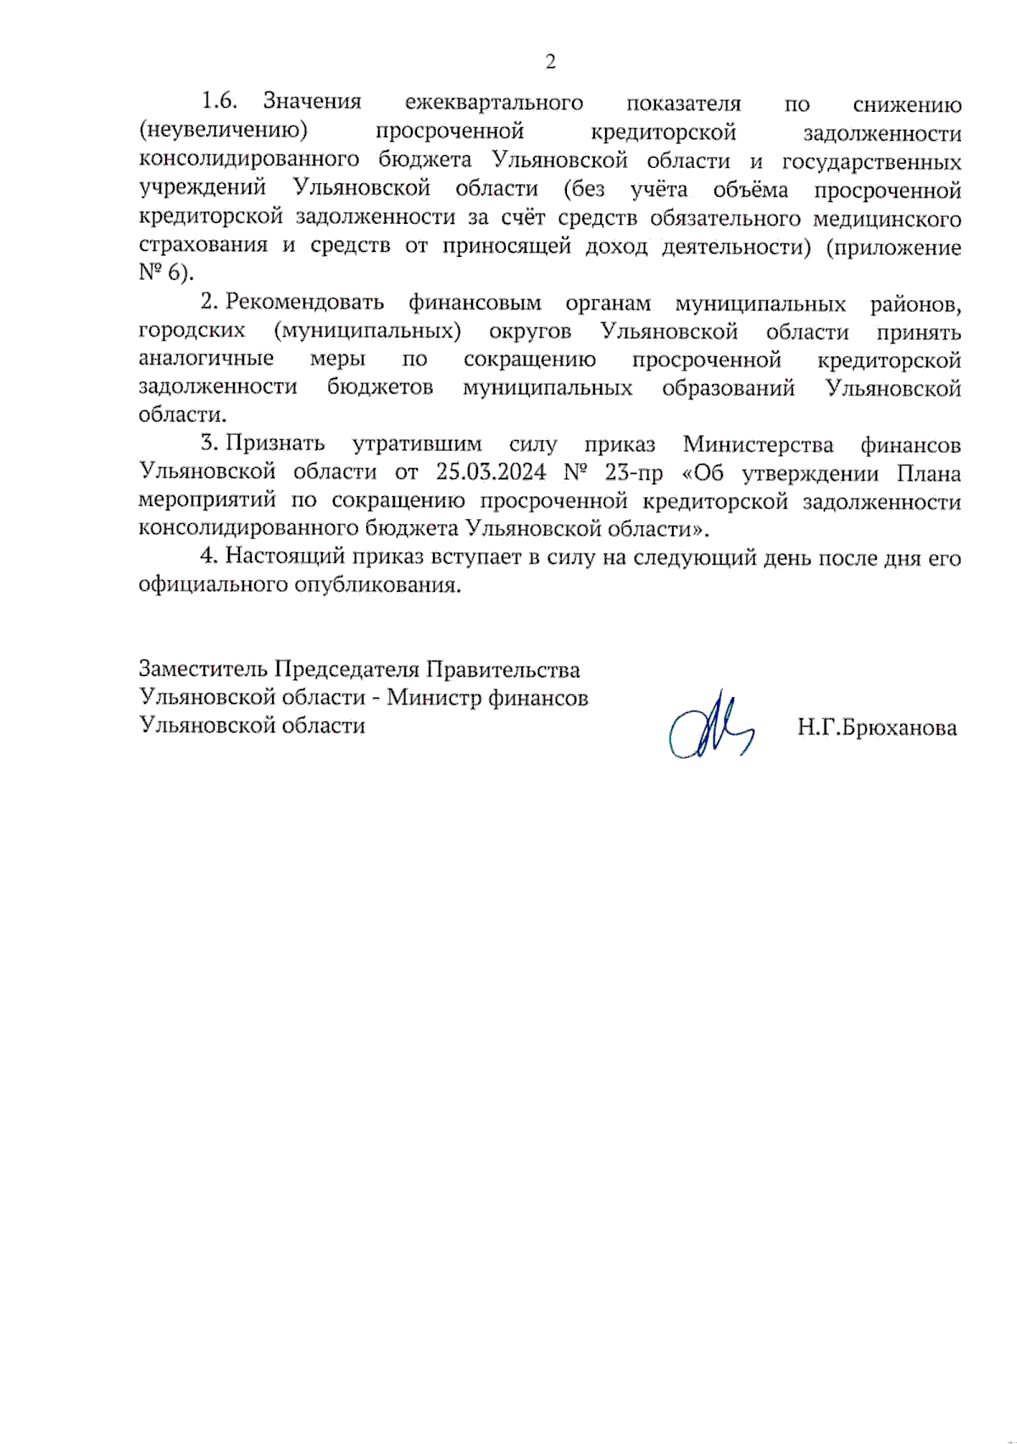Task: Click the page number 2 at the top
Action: coord(551,62)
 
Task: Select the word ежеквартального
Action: coord(493,103)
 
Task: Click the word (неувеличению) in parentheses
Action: coord(223,131)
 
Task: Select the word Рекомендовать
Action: coord(304,303)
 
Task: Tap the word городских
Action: coord(192,332)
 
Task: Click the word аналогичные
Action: coord(206,359)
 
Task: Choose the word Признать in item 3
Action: coord(275,443)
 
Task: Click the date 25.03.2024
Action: coord(491,471)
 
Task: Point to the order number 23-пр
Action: coord(633,472)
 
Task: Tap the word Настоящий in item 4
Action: coord(285,557)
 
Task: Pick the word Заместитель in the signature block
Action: coord(203,669)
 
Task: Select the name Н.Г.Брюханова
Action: coord(876,728)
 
